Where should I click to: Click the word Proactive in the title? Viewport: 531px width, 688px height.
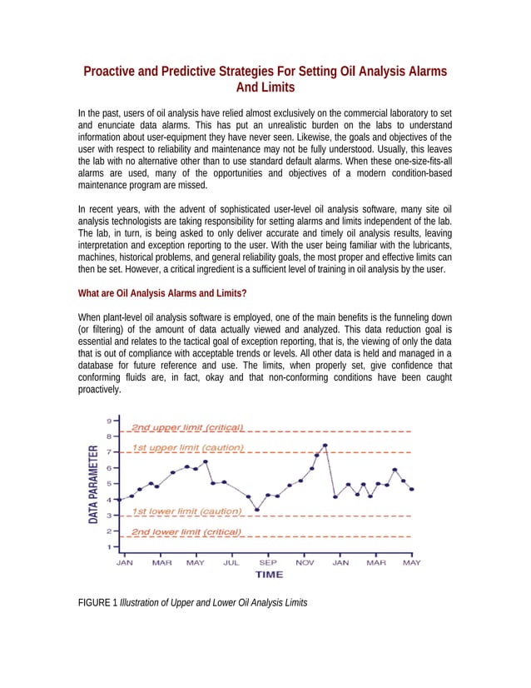coord(113,72)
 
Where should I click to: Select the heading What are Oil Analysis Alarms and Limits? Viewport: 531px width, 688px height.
coord(161,293)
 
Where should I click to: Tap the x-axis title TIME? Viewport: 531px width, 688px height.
coord(268,575)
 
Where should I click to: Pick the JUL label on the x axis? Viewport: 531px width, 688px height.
coord(231,562)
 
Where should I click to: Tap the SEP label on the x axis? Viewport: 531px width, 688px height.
coord(268,562)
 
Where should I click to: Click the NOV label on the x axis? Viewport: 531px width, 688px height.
coord(305,562)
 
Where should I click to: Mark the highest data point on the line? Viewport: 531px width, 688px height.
coord(325,446)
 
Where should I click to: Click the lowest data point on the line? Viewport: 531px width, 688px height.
coord(257,510)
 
